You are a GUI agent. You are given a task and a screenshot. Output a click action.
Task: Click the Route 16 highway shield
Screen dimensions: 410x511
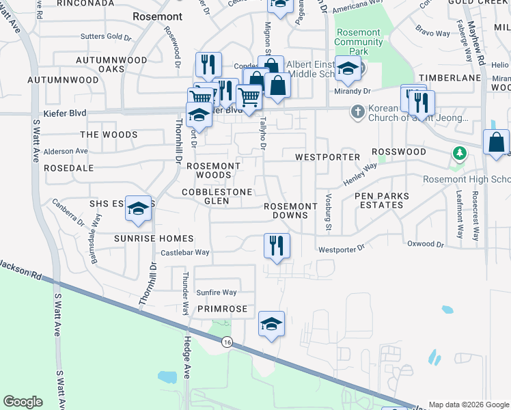click(x=226, y=342)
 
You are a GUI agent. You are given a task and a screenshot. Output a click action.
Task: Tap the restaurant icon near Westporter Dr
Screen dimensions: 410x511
click(x=277, y=246)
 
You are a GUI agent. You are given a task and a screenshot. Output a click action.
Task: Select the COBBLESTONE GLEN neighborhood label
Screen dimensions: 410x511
click(x=217, y=197)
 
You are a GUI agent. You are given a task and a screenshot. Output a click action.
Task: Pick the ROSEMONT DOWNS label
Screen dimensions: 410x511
click(x=291, y=210)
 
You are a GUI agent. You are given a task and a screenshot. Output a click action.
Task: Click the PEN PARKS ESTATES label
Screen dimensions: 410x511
click(x=382, y=200)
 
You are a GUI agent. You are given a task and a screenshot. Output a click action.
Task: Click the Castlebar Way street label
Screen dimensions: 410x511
click(x=184, y=253)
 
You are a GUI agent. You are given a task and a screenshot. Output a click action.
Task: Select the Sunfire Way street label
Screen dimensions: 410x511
click(x=216, y=292)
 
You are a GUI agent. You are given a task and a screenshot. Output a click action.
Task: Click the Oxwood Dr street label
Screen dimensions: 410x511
click(x=425, y=244)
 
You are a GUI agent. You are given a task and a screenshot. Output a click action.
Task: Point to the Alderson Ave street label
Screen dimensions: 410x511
click(x=66, y=151)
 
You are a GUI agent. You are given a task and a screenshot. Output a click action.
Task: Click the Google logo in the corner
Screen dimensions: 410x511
click(x=23, y=402)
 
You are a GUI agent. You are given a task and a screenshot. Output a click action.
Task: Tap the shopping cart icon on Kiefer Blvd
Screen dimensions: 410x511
click(x=249, y=98)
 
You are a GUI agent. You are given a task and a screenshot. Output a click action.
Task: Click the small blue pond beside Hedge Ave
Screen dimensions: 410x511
click(x=167, y=377)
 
